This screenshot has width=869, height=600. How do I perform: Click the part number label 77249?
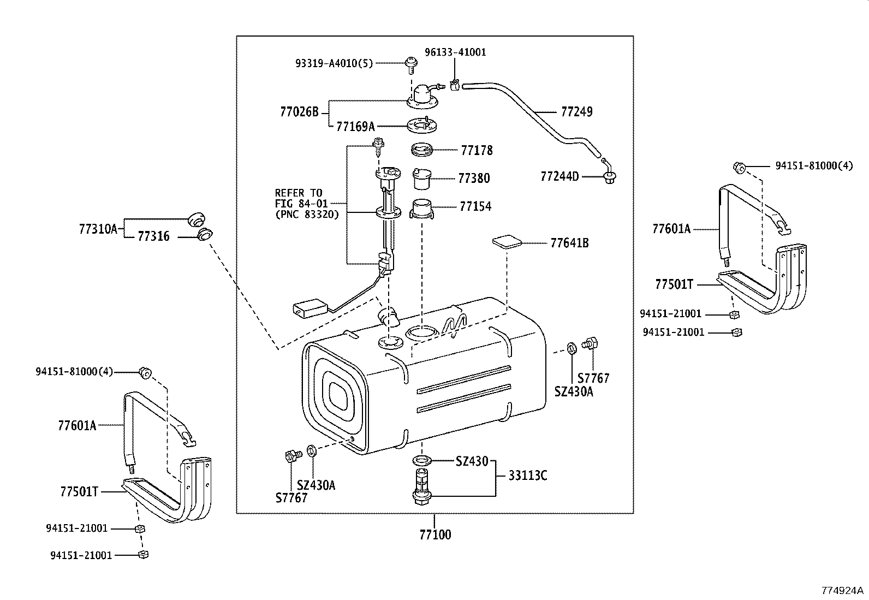click(576, 112)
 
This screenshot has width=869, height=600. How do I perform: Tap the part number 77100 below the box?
click(435, 534)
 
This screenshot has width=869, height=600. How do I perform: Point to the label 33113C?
click(527, 476)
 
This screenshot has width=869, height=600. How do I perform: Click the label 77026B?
click(299, 112)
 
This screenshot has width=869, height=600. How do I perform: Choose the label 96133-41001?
click(455, 52)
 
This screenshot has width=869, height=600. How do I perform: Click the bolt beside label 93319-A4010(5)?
click(410, 64)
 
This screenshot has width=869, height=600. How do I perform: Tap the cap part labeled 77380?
click(421, 177)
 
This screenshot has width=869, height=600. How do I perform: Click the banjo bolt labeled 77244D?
click(609, 176)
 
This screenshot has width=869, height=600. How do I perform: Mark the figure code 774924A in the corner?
click(843, 590)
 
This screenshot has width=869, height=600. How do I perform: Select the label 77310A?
click(98, 229)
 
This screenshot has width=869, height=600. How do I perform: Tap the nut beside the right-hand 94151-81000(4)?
click(740, 167)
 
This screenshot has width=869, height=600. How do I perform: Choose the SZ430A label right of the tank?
click(573, 391)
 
